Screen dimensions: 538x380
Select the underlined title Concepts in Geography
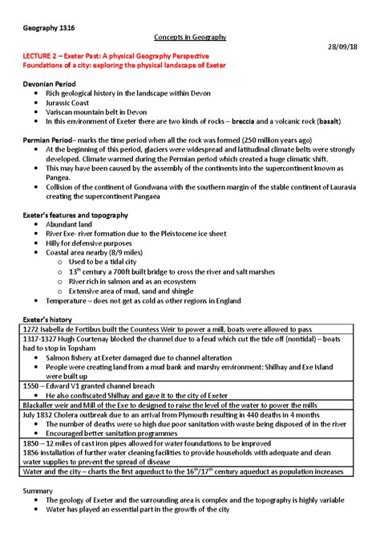189,38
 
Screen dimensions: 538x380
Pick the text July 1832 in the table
40,415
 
